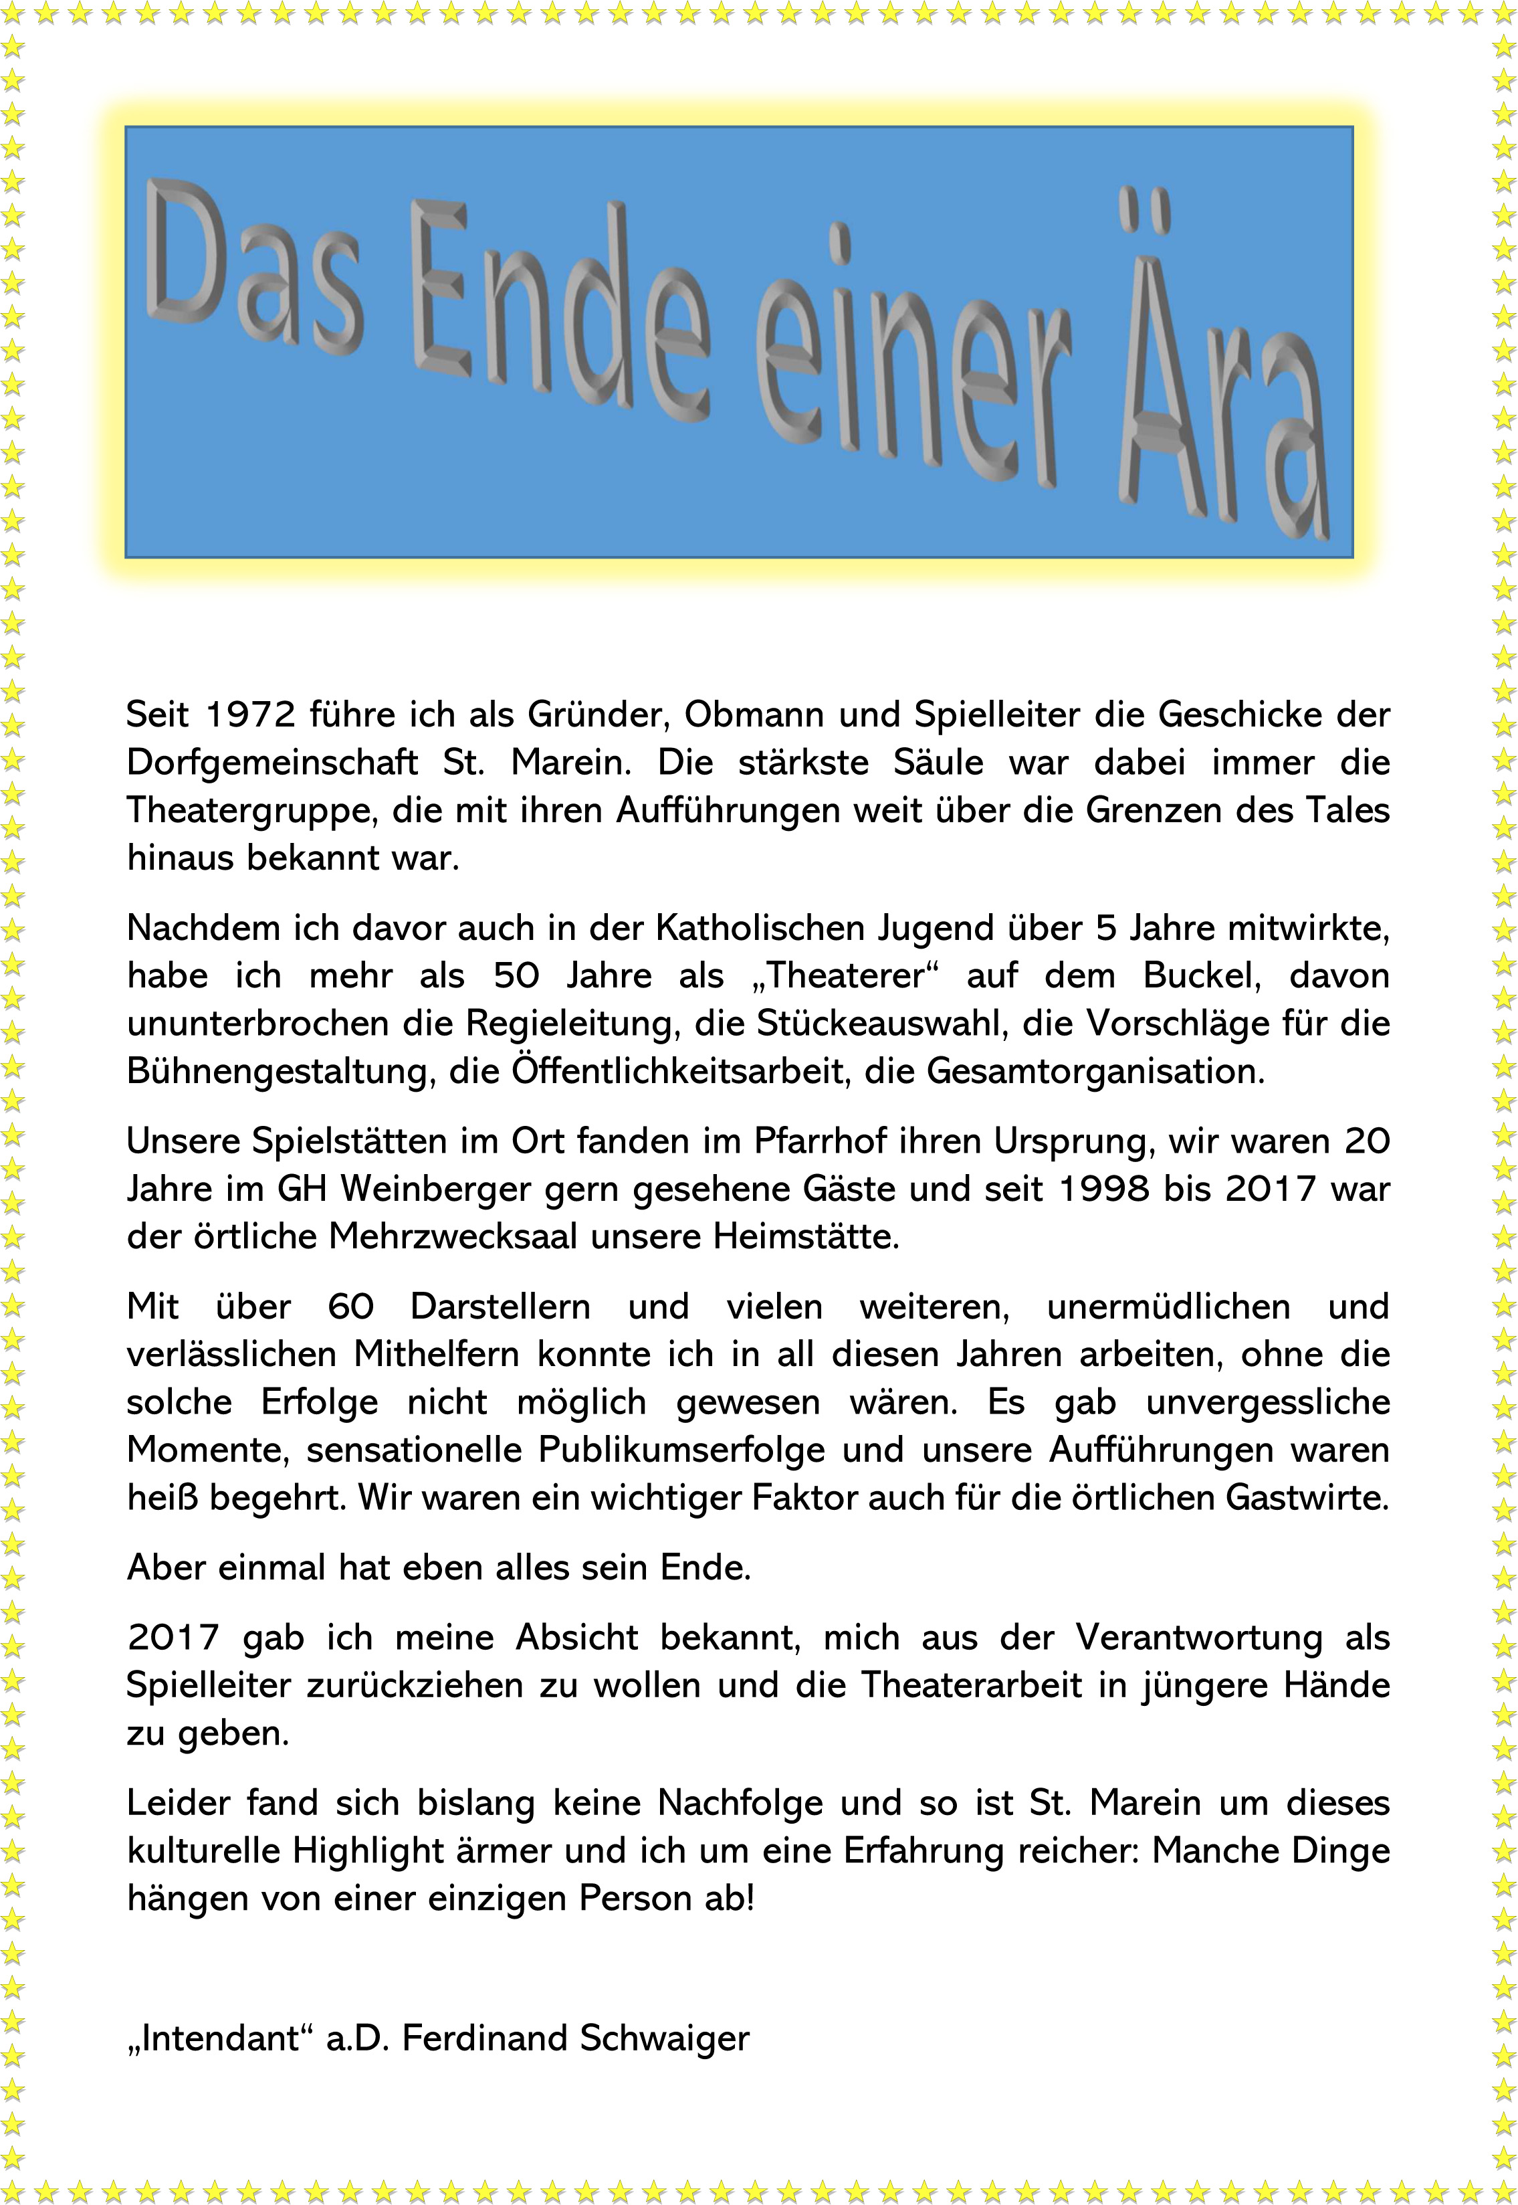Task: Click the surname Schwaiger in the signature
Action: click(664, 2038)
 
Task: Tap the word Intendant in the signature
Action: click(221, 2038)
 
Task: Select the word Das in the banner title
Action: click(252, 266)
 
